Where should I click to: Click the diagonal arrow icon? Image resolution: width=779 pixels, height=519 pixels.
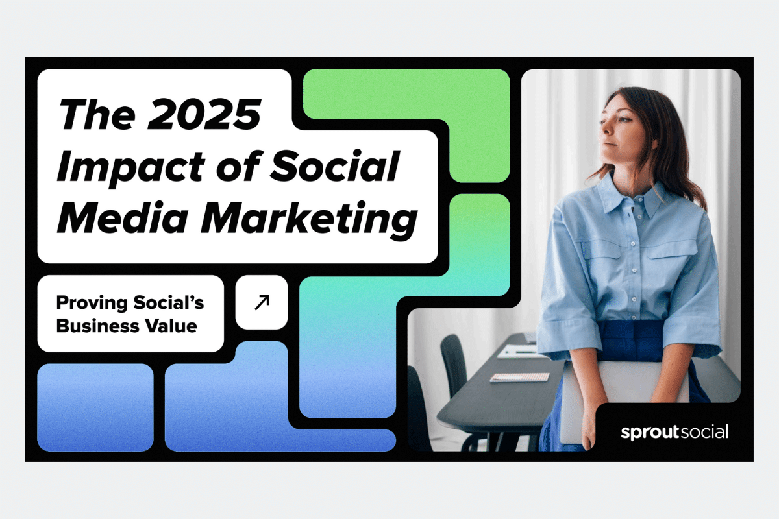[x=262, y=302]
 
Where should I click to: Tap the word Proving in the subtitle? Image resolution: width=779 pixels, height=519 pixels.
[x=88, y=302]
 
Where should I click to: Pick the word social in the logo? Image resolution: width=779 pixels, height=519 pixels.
[x=703, y=431]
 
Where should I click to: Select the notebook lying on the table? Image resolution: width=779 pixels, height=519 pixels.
[x=519, y=376]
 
